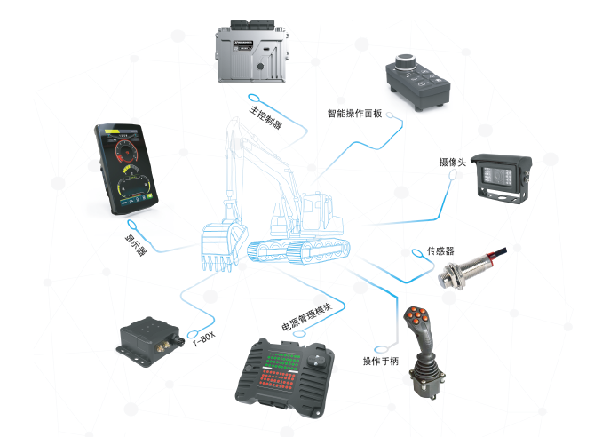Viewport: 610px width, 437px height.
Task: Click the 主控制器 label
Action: click(x=265, y=117)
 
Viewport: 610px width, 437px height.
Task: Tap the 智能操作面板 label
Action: click(x=354, y=113)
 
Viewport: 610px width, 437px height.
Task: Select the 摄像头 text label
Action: click(x=453, y=163)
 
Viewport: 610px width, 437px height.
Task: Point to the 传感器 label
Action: click(x=440, y=251)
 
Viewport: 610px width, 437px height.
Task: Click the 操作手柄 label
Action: click(x=380, y=362)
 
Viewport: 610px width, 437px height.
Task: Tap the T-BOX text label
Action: click(x=204, y=338)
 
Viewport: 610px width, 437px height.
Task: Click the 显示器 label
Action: click(x=136, y=244)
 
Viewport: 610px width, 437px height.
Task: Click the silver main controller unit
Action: click(x=251, y=52)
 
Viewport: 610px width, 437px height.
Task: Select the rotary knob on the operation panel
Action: click(x=405, y=62)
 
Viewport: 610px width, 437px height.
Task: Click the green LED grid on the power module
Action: click(x=284, y=360)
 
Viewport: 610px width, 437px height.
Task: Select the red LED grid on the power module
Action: click(x=279, y=379)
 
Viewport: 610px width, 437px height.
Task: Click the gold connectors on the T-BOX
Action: click(x=162, y=345)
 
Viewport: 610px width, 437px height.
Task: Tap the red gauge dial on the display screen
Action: click(x=126, y=151)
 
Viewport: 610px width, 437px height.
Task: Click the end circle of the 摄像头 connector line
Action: click(x=453, y=176)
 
